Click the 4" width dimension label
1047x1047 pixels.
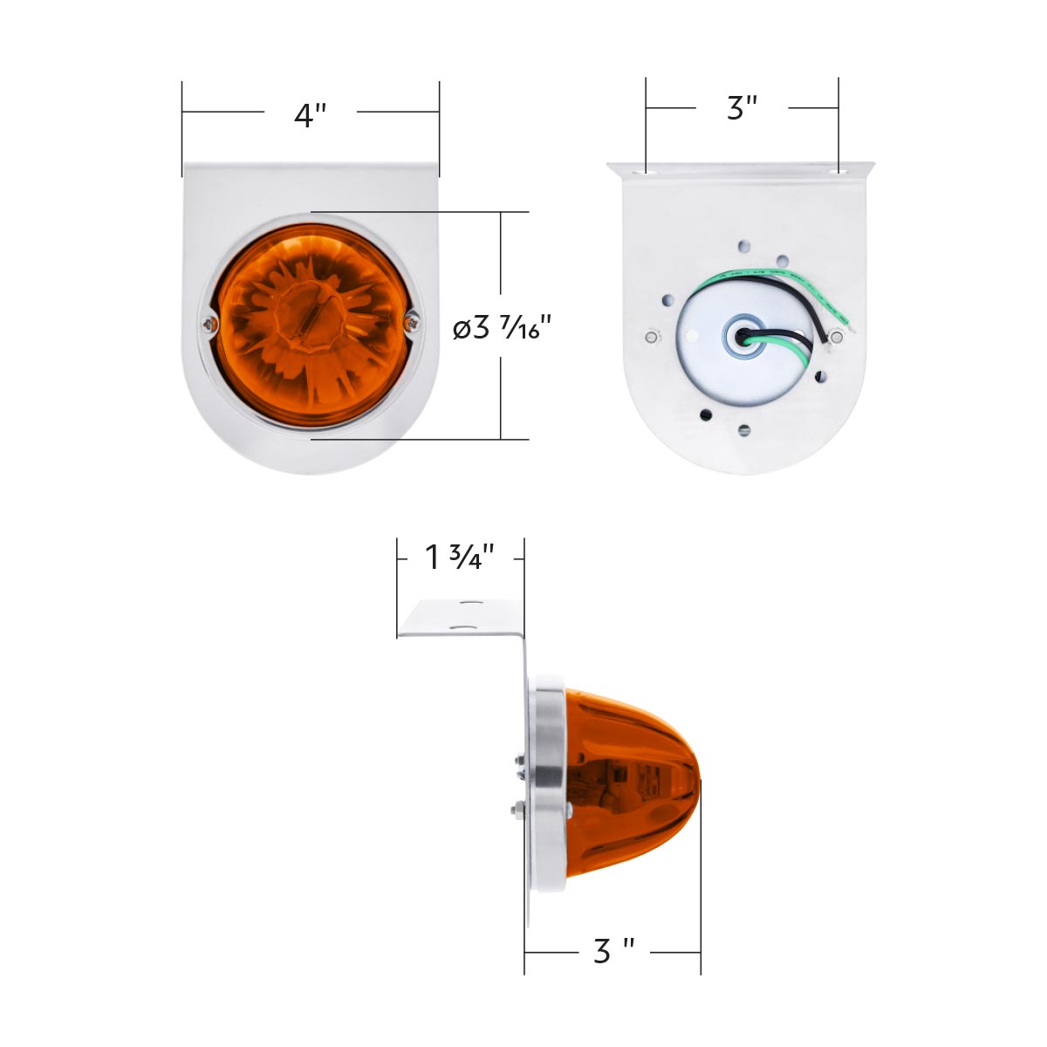310,115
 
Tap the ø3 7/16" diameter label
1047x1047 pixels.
504,329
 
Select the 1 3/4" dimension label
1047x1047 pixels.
460,557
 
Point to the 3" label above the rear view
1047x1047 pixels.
742,108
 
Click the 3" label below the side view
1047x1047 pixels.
612,951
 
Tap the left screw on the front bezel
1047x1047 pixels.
207,325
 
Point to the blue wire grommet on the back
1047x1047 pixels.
743,335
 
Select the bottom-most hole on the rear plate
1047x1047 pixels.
743,429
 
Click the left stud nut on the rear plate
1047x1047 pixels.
651,337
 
